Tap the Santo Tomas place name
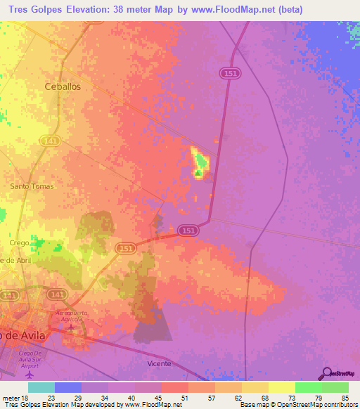pos(30,186)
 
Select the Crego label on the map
pos(19,242)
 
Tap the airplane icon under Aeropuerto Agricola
pos(70,327)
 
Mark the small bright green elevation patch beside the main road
pos(200,162)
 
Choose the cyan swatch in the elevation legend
pos(41,387)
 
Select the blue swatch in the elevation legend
pos(68,387)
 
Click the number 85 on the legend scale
pos(345,397)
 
